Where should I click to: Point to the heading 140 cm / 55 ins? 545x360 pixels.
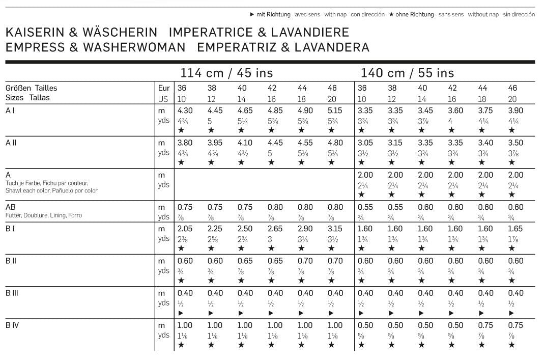tap(407, 73)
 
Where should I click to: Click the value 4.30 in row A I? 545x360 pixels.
tap(185, 110)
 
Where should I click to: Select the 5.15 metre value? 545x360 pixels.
tap(335, 110)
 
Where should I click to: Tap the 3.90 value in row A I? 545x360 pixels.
tap(515, 110)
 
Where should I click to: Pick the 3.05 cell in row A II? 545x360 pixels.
tap(365, 143)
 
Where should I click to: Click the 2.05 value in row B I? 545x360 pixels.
tap(185, 229)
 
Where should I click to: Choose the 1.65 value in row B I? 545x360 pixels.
tap(515, 229)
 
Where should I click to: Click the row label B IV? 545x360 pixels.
tap(12, 325)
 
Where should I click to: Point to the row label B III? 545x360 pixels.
tap(12, 293)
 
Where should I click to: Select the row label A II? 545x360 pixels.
tap(11, 143)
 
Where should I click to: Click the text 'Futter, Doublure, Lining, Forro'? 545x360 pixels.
tap(44, 215)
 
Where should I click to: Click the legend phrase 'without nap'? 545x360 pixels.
tap(483, 15)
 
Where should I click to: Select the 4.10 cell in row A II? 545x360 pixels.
tap(245, 143)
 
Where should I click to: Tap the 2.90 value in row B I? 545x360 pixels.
tap(305, 229)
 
